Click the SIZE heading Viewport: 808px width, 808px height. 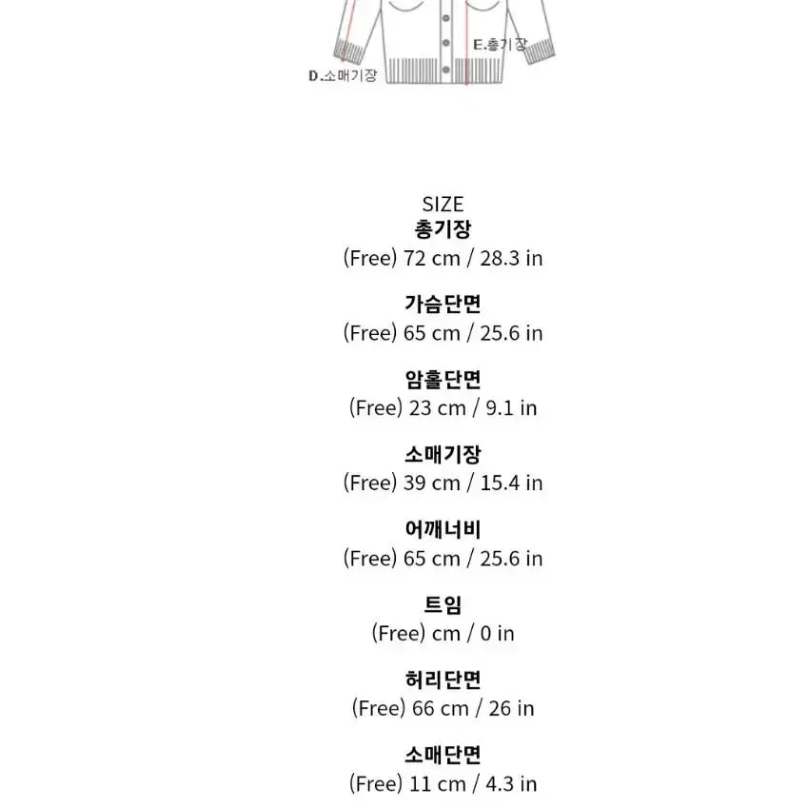pyautogui.click(x=443, y=205)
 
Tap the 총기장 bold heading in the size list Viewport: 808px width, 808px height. pyautogui.click(x=443, y=229)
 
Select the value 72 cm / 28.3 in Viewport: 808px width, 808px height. pyautogui.click(x=473, y=258)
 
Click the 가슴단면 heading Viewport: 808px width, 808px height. pyautogui.click(x=443, y=304)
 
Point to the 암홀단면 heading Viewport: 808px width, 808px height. pyautogui.click(x=443, y=380)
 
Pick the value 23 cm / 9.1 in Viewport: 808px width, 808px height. pyautogui.click(x=473, y=408)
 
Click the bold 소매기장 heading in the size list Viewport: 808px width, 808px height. pyautogui.click(x=443, y=455)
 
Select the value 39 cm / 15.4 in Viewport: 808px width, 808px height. pyautogui.click(x=473, y=483)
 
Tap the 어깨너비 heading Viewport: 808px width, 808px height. pyautogui.click(x=443, y=530)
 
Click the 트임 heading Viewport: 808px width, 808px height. pyautogui.click(x=443, y=605)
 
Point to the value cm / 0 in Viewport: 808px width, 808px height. pyautogui.click(x=473, y=634)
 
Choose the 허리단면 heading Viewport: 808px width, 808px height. pyautogui.click(x=443, y=680)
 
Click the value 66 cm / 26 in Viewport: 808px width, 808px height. pyautogui.click(x=473, y=708)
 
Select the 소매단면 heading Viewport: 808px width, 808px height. pyautogui.click(x=443, y=756)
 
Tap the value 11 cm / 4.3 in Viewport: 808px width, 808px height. pyautogui.click(x=473, y=784)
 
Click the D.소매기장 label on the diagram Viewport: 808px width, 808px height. pyautogui.click(x=343, y=76)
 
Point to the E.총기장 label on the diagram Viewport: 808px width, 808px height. pyautogui.click(x=500, y=45)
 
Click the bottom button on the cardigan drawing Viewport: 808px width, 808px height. pyautogui.click(x=446, y=69)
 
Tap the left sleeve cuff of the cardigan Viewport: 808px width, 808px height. pyautogui.click(x=350, y=51)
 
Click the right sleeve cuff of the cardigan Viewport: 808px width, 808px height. pyautogui.click(x=540, y=51)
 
